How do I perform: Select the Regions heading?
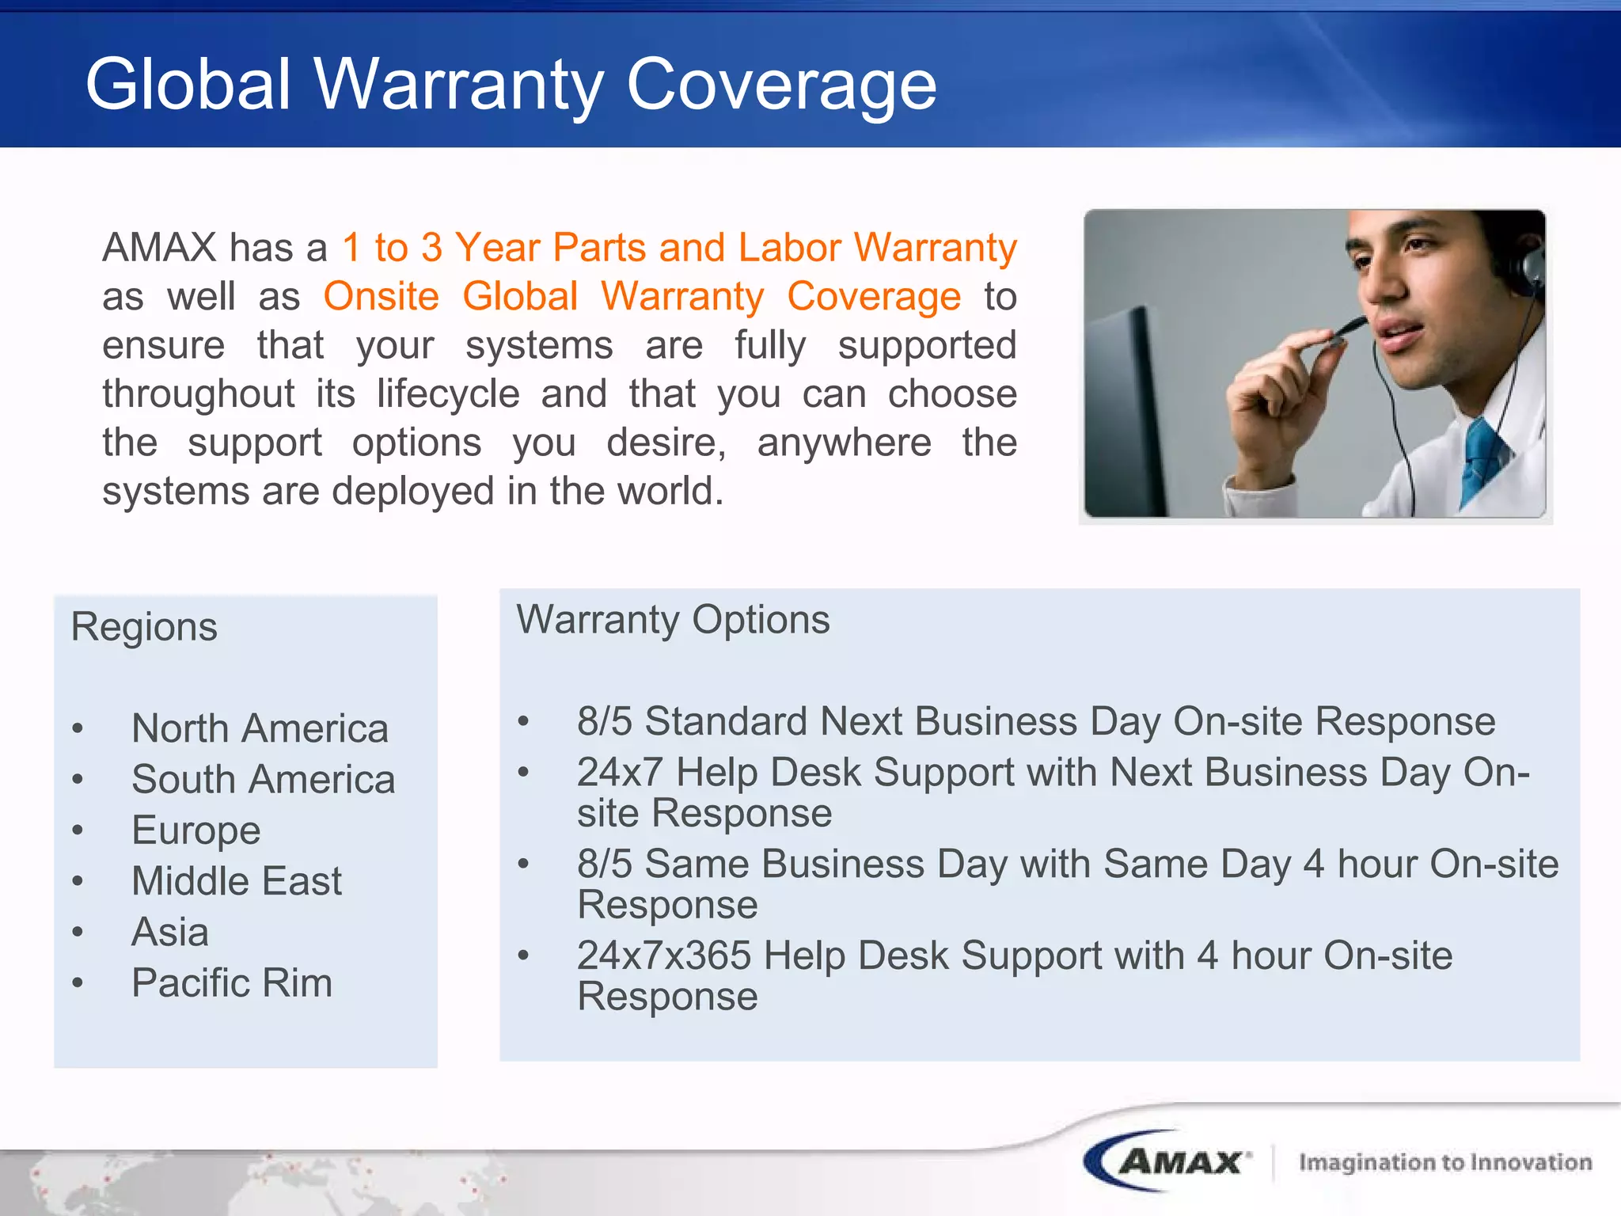(x=144, y=627)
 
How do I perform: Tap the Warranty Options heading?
(x=673, y=619)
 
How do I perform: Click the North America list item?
(x=260, y=728)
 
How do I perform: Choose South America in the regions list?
(x=263, y=779)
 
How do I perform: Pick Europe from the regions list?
(x=196, y=830)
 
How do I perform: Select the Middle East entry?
(x=237, y=881)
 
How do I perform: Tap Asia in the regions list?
(x=170, y=932)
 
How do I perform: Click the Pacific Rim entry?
(x=232, y=983)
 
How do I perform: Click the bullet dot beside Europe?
(x=78, y=830)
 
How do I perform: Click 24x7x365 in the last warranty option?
(x=663, y=956)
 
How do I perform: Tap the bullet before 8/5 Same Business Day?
(x=523, y=864)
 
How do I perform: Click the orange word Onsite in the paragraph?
(x=381, y=297)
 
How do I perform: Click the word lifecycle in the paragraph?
(x=448, y=393)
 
